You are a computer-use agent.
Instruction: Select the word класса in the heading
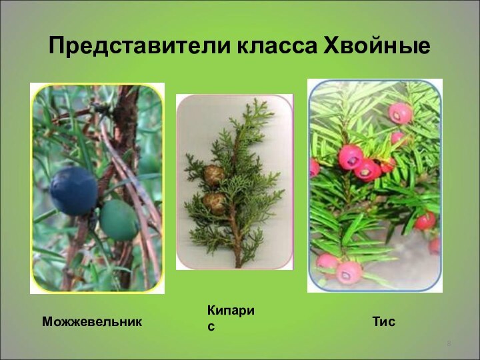pos(276,46)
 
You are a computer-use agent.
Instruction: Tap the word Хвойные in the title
pos(376,46)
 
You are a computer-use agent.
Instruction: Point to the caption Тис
pos(384,322)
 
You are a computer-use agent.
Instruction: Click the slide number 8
pos(449,344)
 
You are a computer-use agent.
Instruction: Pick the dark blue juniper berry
pos(73,190)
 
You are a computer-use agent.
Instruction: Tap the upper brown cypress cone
pos(214,175)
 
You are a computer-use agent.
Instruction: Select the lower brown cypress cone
pos(215,201)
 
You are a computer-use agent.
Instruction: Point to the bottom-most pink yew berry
pos(349,271)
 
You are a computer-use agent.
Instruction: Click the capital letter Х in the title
pos(331,46)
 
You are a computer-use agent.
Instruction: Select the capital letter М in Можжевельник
pos(47,322)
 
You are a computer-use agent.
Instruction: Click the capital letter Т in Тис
pos(376,322)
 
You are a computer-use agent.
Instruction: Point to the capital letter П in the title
pos(57,46)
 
